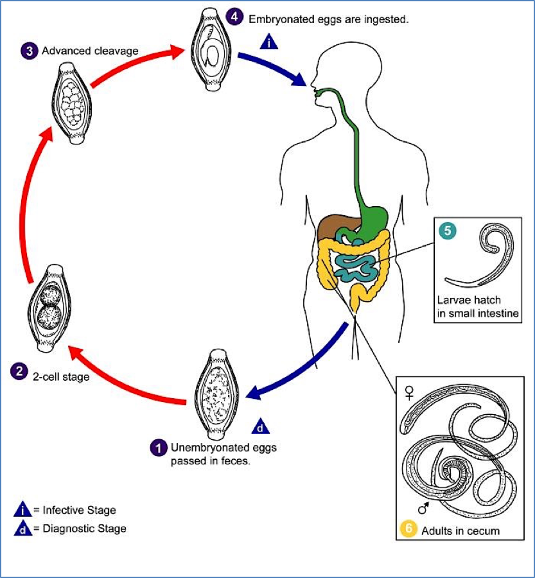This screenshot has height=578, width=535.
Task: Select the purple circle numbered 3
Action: pos(28,50)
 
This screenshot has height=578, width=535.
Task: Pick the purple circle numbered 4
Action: pos(235,17)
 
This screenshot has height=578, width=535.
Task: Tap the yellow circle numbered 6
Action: pos(407,530)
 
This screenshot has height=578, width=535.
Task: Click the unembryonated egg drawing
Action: pos(218,389)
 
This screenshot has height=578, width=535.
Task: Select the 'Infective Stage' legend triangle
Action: pos(22,510)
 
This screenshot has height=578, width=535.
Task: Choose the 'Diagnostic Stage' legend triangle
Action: pos(22,529)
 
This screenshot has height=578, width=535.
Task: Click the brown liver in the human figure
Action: pos(333,226)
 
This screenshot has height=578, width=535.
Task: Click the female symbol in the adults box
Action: pos(408,390)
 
